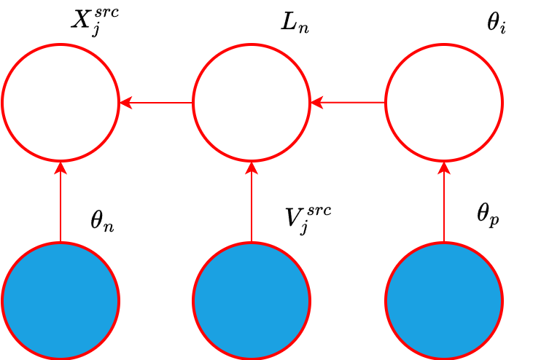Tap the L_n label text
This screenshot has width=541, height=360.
pyautogui.click(x=295, y=23)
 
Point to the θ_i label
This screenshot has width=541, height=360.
pyautogui.click(x=496, y=23)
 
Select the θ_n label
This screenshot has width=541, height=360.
pyautogui.click(x=102, y=221)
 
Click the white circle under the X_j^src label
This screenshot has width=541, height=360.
pyautogui.click(x=61, y=103)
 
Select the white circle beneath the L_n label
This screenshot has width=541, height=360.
pyautogui.click(x=252, y=103)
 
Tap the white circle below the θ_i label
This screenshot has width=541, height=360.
pyautogui.click(x=444, y=103)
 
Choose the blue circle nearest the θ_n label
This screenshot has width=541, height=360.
pyautogui.click(x=61, y=300)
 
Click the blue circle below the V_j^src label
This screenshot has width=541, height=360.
pyautogui.click(x=252, y=300)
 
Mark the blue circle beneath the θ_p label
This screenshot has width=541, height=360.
pyautogui.click(x=444, y=300)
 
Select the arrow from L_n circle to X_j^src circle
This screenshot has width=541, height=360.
pyautogui.click(x=156, y=103)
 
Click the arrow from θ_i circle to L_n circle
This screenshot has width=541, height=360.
pyautogui.click(x=348, y=103)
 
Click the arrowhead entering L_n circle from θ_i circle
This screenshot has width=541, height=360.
pyautogui.click(x=316, y=103)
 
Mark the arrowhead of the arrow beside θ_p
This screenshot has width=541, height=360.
pyautogui.click(x=444, y=167)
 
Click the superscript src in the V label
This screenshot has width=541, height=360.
pyautogui.click(x=319, y=210)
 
